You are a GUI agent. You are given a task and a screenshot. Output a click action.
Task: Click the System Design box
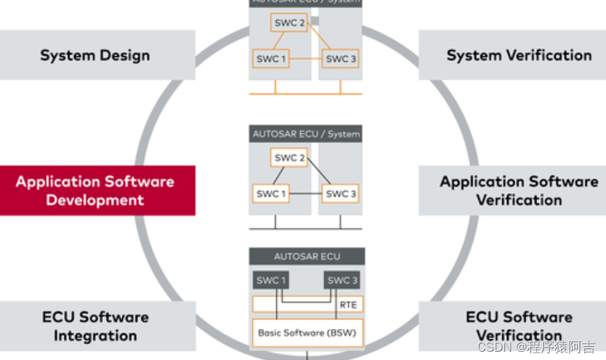95,55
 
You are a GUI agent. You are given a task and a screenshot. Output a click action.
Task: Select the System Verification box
519,55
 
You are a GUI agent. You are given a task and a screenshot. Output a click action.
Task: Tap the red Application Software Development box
95,190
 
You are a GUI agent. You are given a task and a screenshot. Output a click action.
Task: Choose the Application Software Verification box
519,190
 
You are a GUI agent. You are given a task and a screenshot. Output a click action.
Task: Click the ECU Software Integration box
95,326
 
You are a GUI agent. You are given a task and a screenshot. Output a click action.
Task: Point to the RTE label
348,304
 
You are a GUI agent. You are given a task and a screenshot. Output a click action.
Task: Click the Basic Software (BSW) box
306,333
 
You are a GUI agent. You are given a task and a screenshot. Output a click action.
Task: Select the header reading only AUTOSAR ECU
306,256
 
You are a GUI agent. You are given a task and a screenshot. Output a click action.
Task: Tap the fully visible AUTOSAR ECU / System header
306,134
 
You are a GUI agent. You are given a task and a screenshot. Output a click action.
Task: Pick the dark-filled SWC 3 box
341,280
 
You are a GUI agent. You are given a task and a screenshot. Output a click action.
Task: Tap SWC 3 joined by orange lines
341,58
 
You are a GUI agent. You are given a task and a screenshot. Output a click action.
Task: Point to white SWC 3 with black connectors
341,194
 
